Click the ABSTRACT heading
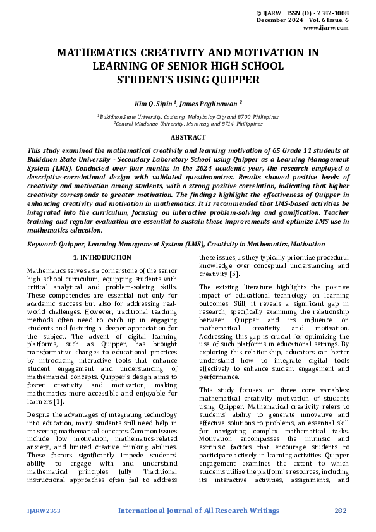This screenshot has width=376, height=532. [x=188, y=137]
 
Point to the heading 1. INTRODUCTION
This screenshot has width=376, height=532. [x=102, y=258]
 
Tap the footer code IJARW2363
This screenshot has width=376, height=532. [x=44, y=511]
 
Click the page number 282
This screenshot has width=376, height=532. [x=341, y=511]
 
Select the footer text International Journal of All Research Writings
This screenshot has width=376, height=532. [x=198, y=511]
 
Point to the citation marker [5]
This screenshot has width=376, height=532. [x=234, y=275]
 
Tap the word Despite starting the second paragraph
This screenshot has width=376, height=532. [x=40, y=414]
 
